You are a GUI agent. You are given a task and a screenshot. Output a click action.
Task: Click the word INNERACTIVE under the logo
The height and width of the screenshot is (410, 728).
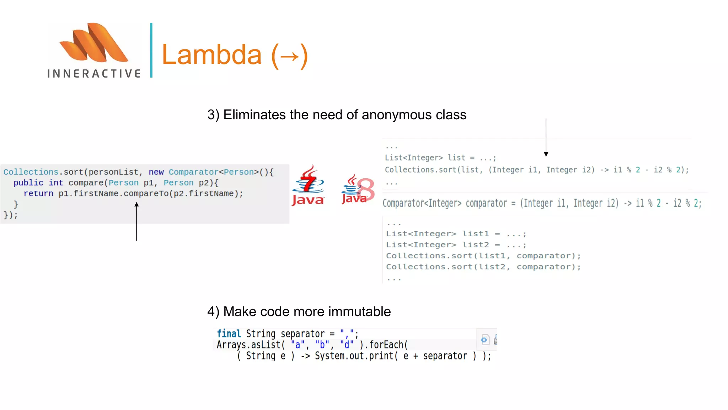(94, 74)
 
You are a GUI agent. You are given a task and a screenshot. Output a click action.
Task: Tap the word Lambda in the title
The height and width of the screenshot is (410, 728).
(212, 55)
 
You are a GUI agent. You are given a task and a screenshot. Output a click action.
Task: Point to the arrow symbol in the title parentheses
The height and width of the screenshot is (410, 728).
(289, 56)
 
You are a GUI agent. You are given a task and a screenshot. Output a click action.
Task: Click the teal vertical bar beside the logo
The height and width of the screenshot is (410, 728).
(151, 50)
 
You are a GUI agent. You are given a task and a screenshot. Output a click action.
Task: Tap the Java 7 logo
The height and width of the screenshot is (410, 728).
(308, 185)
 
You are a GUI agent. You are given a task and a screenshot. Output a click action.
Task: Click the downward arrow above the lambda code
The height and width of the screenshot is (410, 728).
(546, 137)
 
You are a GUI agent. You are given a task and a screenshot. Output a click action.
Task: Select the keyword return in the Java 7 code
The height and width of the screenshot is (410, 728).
(38, 194)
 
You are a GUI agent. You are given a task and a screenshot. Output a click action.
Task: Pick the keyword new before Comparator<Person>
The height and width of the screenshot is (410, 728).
(156, 172)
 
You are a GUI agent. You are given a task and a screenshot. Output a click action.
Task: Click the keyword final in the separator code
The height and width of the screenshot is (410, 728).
(229, 334)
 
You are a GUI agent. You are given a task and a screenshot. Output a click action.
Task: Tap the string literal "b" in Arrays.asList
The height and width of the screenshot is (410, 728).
(322, 345)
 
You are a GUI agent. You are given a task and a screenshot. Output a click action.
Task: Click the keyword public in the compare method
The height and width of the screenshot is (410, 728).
(28, 183)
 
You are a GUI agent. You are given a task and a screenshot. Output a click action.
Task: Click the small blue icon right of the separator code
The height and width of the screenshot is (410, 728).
(485, 340)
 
